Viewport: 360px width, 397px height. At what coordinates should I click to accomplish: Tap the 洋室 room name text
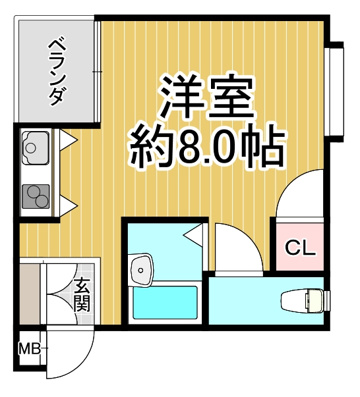pyautogui.click(x=207, y=97)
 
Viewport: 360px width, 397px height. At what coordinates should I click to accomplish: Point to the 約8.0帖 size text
pyautogui.click(x=207, y=147)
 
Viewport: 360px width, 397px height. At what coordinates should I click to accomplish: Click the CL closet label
pyautogui.click(x=300, y=248)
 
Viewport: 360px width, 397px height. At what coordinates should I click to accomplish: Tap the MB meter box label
pyautogui.click(x=29, y=349)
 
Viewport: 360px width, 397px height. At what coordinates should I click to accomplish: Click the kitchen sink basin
pyautogui.click(x=36, y=147)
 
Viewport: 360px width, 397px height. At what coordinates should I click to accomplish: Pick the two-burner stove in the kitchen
pyautogui.click(x=36, y=196)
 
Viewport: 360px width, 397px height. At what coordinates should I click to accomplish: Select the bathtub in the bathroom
pyautogui.click(x=165, y=303)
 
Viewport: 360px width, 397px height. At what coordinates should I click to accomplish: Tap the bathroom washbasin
pyautogui.click(x=141, y=270)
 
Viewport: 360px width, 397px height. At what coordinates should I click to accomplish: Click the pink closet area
pyautogui.click(x=299, y=246)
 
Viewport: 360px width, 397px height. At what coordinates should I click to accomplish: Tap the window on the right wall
pyautogui.click(x=336, y=91)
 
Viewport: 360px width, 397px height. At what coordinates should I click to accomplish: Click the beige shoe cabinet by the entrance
pyautogui.click(x=30, y=294)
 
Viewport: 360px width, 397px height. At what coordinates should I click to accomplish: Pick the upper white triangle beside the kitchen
pyautogui.click(x=68, y=140)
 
